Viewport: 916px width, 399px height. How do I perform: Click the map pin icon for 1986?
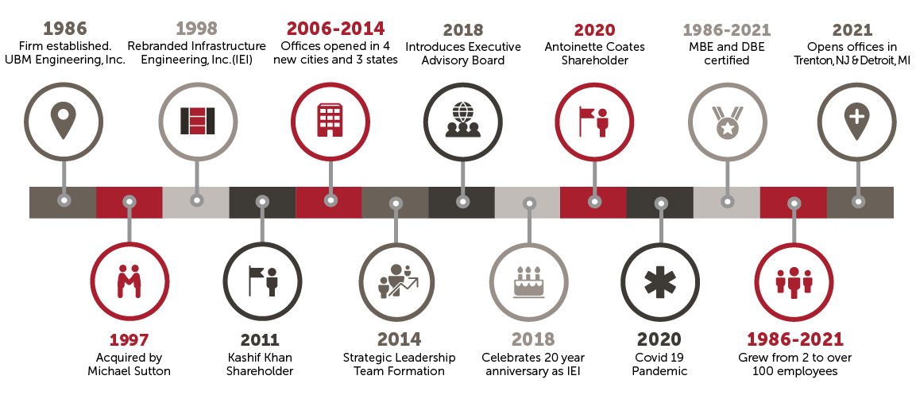click(x=64, y=121)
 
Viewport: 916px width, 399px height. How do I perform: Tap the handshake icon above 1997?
click(x=129, y=281)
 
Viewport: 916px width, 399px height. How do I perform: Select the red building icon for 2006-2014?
click(x=330, y=120)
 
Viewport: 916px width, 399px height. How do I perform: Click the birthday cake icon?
click(x=528, y=281)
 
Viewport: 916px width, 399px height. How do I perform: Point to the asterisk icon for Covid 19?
click(x=660, y=282)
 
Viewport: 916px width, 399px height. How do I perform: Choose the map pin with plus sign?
click(x=857, y=121)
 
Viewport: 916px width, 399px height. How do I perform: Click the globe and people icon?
click(x=462, y=120)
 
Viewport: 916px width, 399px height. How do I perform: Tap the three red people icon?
click(x=794, y=282)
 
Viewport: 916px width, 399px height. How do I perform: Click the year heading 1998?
click(x=196, y=29)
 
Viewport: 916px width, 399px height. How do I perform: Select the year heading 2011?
click(x=260, y=339)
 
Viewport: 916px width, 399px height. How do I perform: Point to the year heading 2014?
click(x=399, y=339)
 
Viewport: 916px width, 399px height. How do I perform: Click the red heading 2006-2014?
click(x=335, y=28)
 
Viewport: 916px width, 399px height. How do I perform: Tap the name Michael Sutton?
click(x=129, y=371)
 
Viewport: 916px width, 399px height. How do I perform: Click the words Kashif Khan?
click(x=259, y=357)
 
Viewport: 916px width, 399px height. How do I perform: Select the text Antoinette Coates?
click(x=595, y=46)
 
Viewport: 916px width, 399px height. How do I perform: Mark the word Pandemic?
click(x=659, y=371)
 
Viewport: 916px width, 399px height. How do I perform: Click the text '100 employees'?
click(x=794, y=371)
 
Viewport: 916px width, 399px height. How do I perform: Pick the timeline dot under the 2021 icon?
click(x=857, y=201)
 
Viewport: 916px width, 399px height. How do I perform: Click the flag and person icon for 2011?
click(x=263, y=281)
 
